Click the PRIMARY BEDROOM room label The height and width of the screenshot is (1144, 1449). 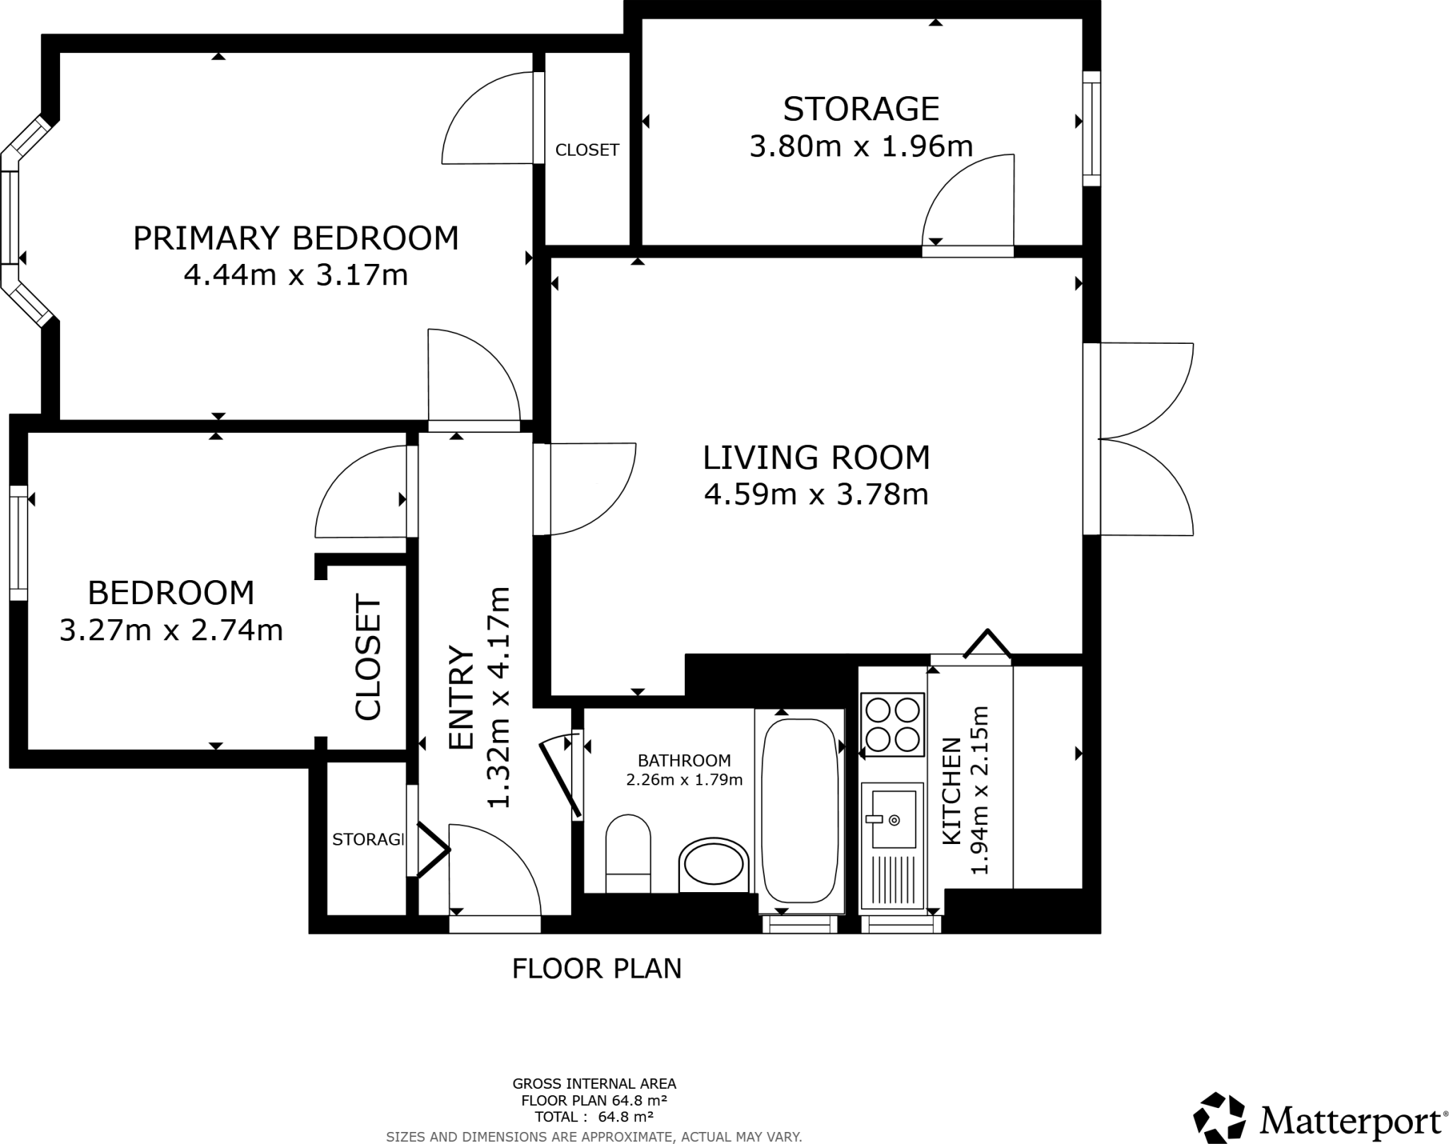296,238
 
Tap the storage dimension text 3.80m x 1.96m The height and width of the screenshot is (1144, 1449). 861,146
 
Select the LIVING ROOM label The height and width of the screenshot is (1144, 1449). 816,457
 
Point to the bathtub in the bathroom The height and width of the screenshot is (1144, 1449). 799,811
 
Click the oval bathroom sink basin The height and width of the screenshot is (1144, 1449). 713,863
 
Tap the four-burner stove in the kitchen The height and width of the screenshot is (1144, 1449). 892,724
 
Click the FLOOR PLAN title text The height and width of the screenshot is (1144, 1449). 596,969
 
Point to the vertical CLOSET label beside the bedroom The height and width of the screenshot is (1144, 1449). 368,659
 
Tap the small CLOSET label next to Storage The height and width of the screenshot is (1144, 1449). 587,150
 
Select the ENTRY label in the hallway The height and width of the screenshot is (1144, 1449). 461,697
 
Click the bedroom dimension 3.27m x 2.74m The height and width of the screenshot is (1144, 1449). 171,630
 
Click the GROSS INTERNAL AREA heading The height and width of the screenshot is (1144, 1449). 594,1083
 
